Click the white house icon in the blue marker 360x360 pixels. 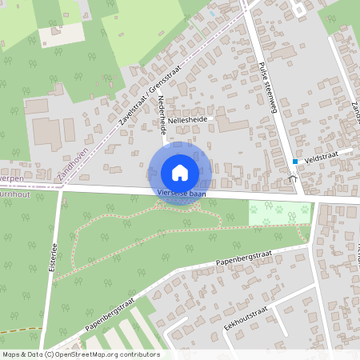[180, 172]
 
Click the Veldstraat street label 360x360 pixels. [318, 159]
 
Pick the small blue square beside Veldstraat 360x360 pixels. [295, 162]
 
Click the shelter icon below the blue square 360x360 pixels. [294, 178]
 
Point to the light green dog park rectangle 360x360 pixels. [279, 214]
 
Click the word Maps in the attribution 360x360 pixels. [11, 354]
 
